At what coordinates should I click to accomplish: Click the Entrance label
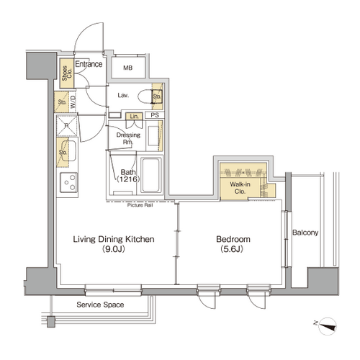click(89, 64)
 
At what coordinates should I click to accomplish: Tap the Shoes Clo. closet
click(66, 73)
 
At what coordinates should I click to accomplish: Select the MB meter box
click(128, 68)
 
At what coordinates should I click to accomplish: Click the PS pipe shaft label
click(155, 115)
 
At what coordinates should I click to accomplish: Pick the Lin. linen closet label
click(134, 117)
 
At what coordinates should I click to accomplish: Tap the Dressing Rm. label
click(128, 138)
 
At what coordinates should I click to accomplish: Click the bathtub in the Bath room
click(151, 175)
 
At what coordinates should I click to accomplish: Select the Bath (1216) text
click(128, 176)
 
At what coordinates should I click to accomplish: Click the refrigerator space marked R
click(67, 126)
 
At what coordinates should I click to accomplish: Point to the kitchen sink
click(68, 151)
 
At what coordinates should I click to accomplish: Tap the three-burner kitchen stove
click(69, 182)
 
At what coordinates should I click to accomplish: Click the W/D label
click(73, 102)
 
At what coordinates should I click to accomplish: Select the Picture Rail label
click(140, 205)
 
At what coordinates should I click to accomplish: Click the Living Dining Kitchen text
click(114, 239)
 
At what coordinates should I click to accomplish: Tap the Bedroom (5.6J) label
click(233, 244)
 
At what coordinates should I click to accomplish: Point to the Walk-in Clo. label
click(240, 188)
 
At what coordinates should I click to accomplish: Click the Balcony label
click(305, 233)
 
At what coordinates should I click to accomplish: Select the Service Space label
click(100, 305)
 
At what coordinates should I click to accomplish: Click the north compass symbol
click(327, 326)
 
